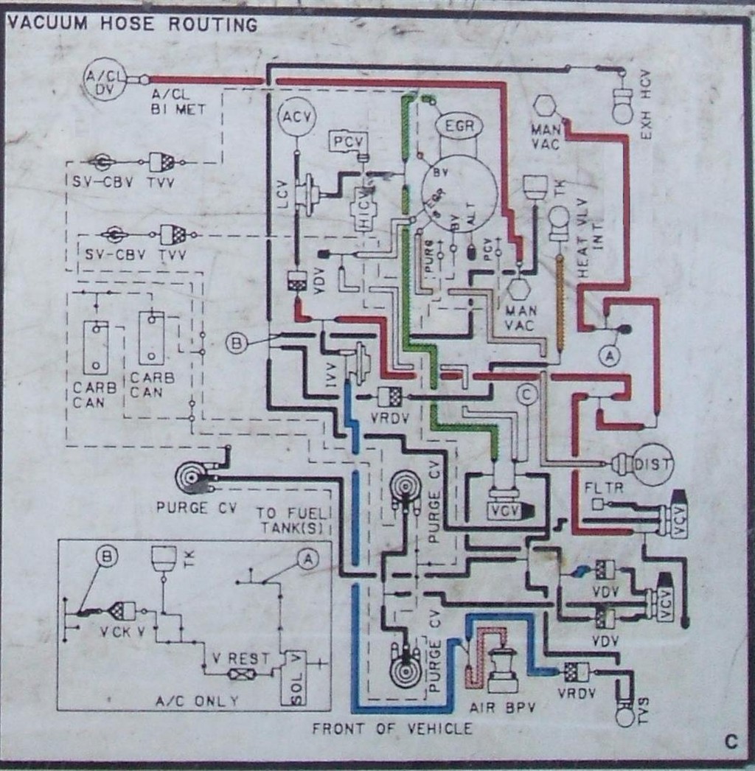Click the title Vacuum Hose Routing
click(132, 24)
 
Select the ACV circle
click(296, 117)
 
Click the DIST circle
click(653, 464)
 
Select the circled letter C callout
click(525, 395)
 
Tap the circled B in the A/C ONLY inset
click(108, 558)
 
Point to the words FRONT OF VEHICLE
click(392, 729)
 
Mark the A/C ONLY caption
click(194, 701)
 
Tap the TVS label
click(644, 705)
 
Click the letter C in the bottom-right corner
click(731, 742)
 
